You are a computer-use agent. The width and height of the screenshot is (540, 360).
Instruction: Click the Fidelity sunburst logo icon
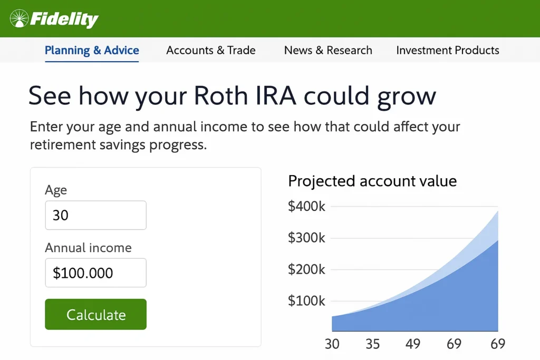19,18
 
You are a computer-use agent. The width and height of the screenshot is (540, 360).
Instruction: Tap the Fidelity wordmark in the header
64,20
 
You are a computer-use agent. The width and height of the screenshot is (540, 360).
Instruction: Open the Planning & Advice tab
92,50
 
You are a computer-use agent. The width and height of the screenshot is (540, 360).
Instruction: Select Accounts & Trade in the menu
211,50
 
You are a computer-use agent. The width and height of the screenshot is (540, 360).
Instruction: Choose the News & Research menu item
328,50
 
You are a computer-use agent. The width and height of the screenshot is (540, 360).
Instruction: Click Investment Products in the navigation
448,50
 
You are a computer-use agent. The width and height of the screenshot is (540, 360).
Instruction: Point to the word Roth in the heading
221,95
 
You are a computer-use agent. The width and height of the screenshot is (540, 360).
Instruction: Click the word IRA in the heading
276,95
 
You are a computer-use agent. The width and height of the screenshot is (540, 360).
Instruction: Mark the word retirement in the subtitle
63,144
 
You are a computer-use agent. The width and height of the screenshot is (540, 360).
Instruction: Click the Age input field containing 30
96,215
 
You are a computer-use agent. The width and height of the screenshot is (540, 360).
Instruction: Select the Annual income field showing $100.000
96,273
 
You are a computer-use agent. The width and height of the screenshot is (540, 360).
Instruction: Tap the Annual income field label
88,248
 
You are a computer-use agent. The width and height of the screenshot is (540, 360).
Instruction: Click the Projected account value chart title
372,181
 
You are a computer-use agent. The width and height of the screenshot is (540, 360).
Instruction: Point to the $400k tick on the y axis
306,206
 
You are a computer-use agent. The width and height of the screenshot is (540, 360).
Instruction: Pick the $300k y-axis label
306,238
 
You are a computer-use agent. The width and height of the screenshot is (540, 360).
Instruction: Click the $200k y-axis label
306,269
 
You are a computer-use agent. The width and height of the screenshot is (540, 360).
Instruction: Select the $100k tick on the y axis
306,301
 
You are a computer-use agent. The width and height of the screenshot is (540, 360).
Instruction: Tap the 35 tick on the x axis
373,344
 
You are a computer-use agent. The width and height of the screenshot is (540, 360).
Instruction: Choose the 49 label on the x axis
413,344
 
